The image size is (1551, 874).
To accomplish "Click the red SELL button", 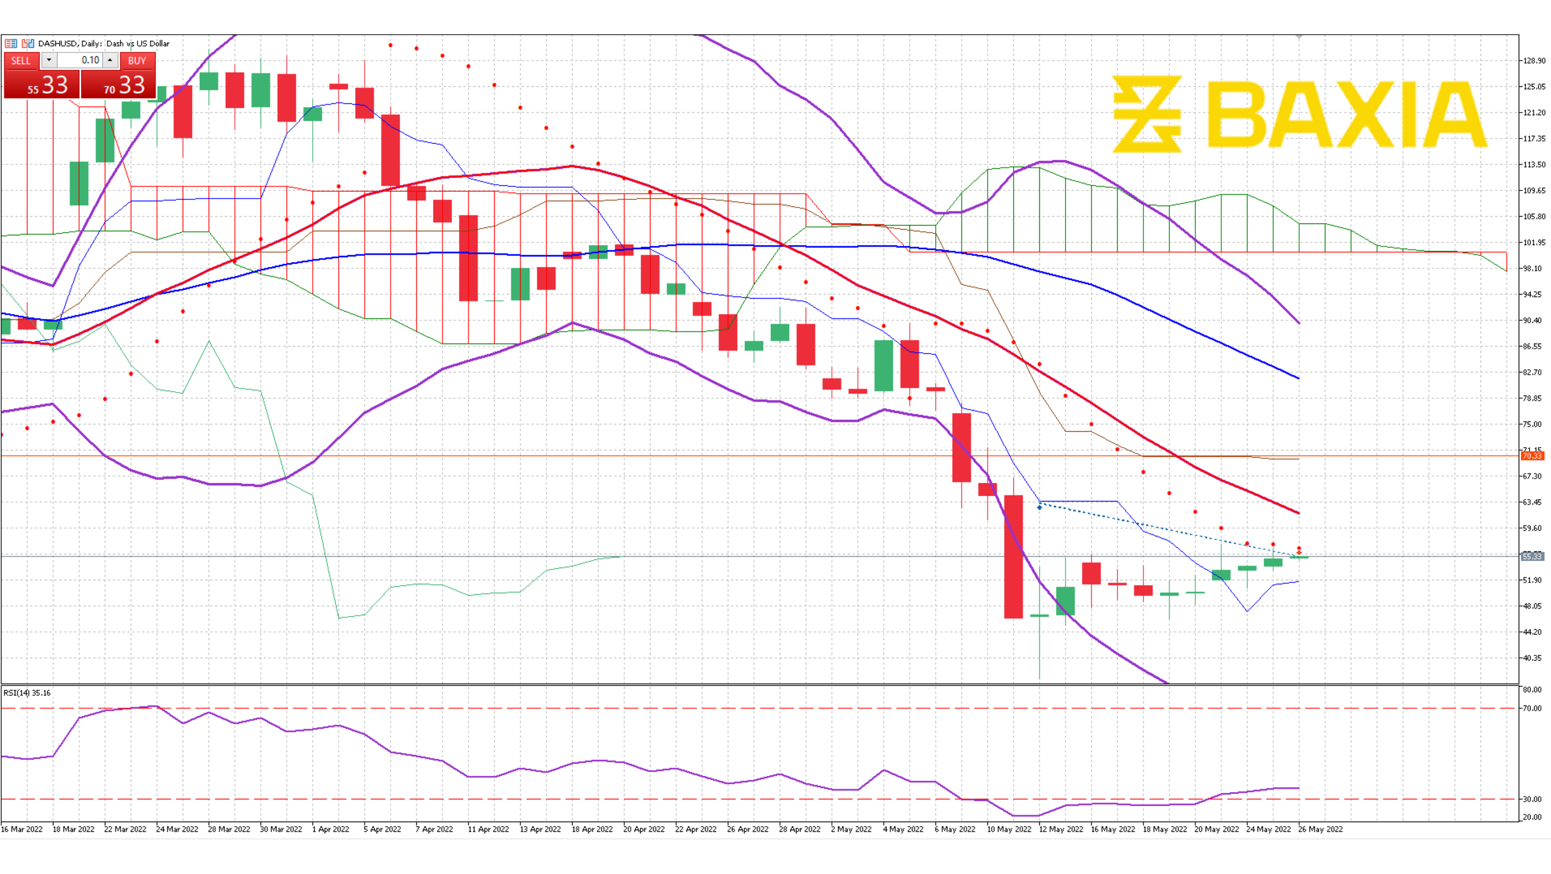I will (x=20, y=60).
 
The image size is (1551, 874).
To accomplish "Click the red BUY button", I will (x=137, y=60).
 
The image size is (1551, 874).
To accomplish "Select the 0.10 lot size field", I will (x=81, y=60).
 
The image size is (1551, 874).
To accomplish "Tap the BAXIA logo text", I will (x=1346, y=114).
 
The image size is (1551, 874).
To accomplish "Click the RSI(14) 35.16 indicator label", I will (x=27, y=693).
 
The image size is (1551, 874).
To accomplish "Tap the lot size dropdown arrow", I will (x=49, y=60).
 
